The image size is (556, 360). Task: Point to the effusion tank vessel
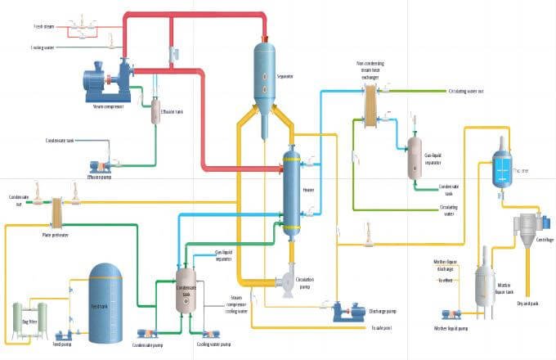coord(155,110)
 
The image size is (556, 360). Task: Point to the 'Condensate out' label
coord(17,200)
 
